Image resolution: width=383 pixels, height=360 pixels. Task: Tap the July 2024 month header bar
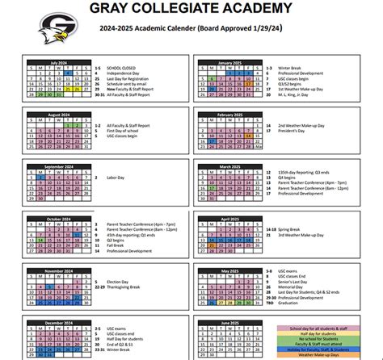click(x=59, y=61)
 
